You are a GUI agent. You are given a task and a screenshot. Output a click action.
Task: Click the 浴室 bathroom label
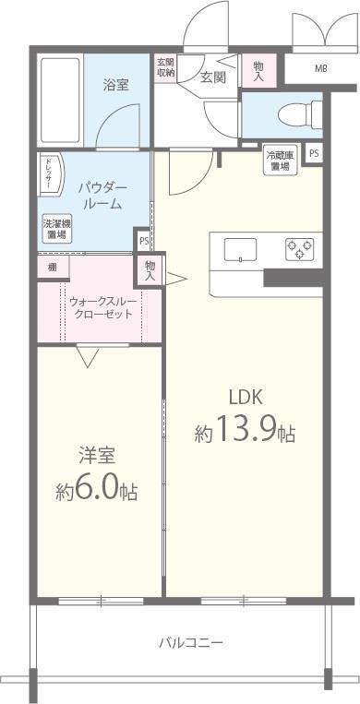pyautogui.click(x=116, y=83)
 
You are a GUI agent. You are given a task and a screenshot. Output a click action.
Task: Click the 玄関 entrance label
pyautogui.click(x=212, y=78)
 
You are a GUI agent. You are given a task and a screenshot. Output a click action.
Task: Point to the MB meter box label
pyautogui.click(x=320, y=69)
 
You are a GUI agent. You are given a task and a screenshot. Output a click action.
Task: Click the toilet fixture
pyautogui.click(x=293, y=117)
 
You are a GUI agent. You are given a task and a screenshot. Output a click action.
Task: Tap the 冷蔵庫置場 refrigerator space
pyautogui.click(x=280, y=161)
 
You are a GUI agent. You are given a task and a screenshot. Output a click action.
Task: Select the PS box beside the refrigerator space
pyautogui.click(x=315, y=153)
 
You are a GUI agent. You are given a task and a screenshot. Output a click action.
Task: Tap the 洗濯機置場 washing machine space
pyautogui.click(x=55, y=229)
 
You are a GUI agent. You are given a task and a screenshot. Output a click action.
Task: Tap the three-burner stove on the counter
pyautogui.click(x=298, y=248)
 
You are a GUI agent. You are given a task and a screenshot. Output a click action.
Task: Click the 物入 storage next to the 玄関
pyautogui.click(x=258, y=70)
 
